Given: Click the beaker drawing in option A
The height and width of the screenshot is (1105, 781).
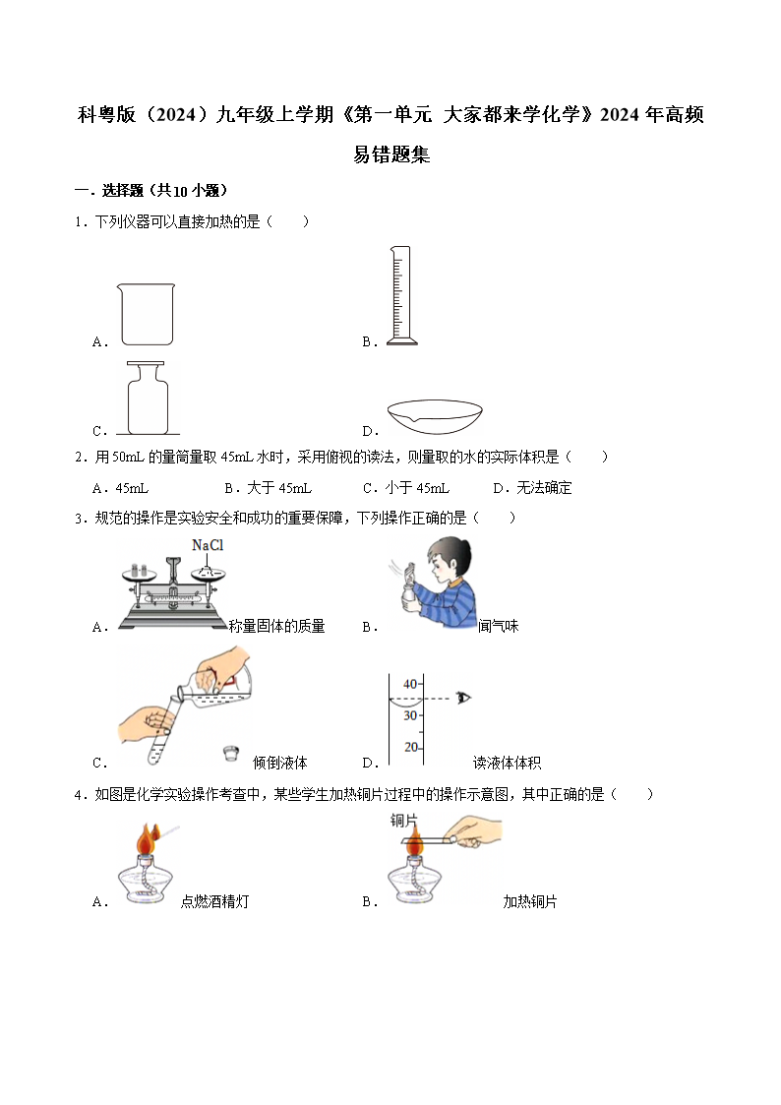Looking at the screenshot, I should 147,314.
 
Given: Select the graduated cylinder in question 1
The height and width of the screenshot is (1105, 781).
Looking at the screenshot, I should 400,295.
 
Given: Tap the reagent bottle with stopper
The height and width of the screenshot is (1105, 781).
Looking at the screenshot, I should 148,399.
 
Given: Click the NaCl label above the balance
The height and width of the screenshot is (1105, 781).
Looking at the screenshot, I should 208,545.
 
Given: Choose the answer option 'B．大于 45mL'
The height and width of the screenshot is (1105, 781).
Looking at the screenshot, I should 268,487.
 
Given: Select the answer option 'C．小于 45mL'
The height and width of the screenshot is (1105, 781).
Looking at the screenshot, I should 405,487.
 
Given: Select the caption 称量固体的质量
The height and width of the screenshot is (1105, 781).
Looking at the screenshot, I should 276,626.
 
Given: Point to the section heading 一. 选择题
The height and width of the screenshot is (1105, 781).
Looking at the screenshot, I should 151,191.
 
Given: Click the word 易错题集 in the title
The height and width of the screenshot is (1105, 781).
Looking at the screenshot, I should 391,154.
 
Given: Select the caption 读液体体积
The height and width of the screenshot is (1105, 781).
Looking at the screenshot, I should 508,763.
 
